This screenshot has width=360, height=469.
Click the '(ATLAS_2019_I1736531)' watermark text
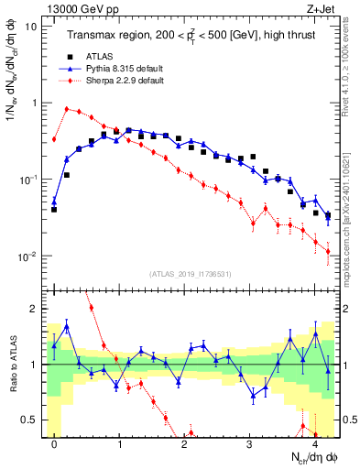point(190,273)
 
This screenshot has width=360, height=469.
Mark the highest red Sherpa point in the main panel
point(67,108)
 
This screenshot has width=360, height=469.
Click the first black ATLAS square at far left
point(54,209)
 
